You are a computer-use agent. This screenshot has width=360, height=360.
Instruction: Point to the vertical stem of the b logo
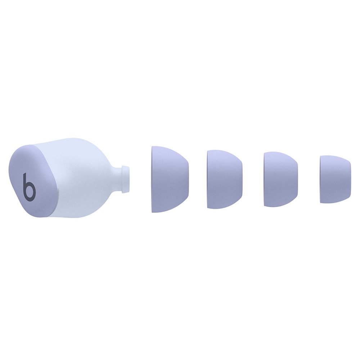point(25,186)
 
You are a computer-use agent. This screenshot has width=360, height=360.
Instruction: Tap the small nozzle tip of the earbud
point(126,179)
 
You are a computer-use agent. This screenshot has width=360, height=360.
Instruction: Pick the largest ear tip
point(170,179)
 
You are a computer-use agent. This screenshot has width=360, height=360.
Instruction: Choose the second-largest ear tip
point(225,179)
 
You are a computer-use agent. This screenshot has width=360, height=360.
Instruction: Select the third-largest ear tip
point(281,179)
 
